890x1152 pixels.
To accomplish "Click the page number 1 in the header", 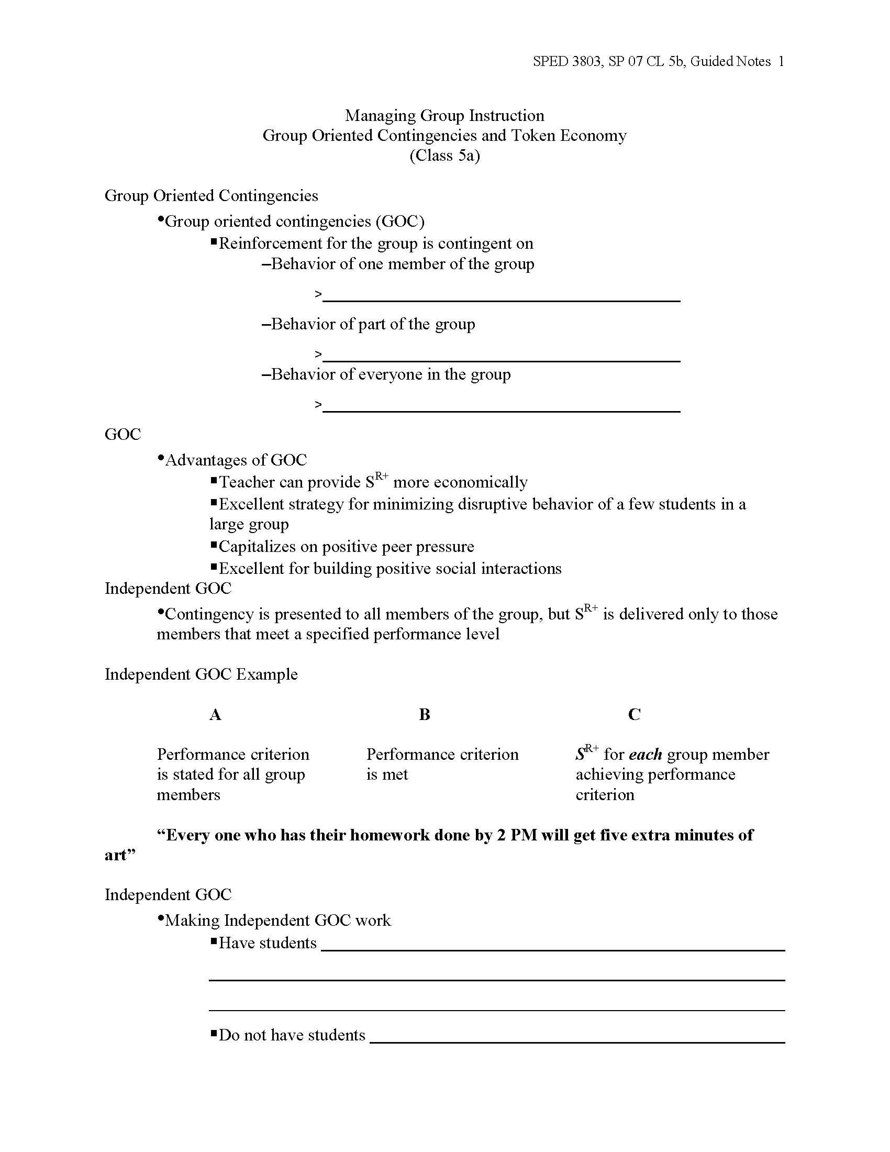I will coord(781,62).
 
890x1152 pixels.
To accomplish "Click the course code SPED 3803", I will coord(566,62).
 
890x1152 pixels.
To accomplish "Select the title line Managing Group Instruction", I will coord(444,116).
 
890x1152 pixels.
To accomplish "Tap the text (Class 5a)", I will coord(444,156).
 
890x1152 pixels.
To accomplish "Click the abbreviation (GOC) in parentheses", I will coord(400,221).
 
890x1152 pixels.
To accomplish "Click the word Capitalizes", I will coord(257,547).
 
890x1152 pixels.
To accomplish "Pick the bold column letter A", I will coord(215,715).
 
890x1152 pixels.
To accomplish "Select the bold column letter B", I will coord(425,715).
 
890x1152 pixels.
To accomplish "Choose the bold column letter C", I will coord(635,715).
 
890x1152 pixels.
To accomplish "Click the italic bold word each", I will coord(646,755).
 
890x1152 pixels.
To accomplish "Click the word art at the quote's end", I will coord(116,855).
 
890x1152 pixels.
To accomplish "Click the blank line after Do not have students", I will coord(577,1041).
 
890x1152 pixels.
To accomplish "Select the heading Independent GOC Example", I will coord(201,674).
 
